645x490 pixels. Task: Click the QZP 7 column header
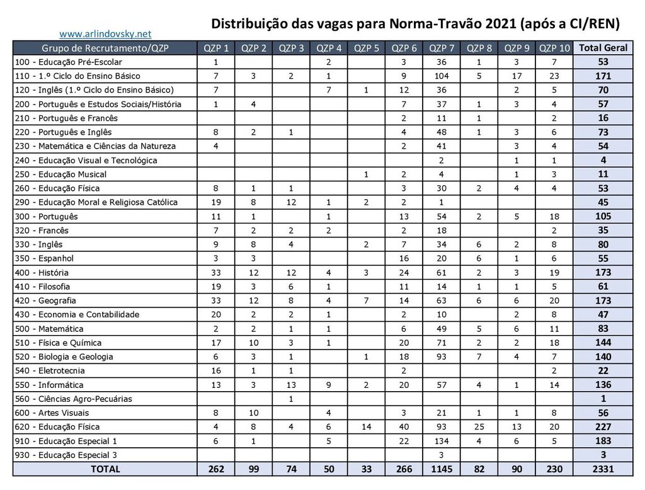441,48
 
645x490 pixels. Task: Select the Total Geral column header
603,48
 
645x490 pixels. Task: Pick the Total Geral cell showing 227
603,427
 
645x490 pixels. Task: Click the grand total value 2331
603,469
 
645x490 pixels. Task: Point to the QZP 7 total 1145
441,469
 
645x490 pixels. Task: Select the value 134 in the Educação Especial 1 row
441,441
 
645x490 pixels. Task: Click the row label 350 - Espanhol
45,258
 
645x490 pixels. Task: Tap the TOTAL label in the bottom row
105,469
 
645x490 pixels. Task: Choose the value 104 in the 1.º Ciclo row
441,76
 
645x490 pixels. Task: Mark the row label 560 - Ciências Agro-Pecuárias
73,399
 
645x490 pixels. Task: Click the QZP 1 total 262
215,469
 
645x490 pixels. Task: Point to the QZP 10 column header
554,48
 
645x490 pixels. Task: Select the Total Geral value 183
603,441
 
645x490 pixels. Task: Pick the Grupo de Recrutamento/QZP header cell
105,48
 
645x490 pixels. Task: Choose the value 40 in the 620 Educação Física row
404,427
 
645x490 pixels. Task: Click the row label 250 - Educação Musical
61,174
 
